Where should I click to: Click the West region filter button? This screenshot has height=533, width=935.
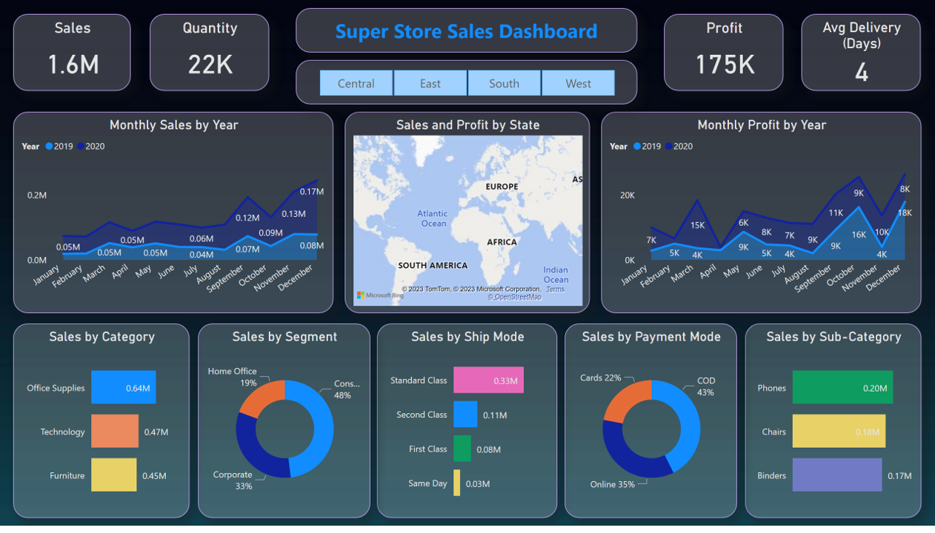578,83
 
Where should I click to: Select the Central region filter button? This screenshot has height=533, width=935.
356,83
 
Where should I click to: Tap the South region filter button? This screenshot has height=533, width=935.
504,83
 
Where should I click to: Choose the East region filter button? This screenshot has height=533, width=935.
430,83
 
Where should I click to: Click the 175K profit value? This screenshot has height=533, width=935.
724,64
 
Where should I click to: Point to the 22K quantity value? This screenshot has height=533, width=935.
210,64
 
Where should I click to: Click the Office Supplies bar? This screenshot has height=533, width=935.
123,387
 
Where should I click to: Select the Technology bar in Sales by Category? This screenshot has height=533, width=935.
114,431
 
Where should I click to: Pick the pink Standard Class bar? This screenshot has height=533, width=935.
488,380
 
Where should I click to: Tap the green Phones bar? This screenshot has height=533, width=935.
842,387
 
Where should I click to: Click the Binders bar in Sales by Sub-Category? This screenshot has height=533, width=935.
836,475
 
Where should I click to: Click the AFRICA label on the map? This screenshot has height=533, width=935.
502,242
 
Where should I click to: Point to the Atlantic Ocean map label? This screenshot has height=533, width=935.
433,218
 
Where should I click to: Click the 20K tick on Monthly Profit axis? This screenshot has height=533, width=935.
627,195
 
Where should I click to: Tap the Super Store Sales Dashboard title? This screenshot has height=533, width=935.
466,31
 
